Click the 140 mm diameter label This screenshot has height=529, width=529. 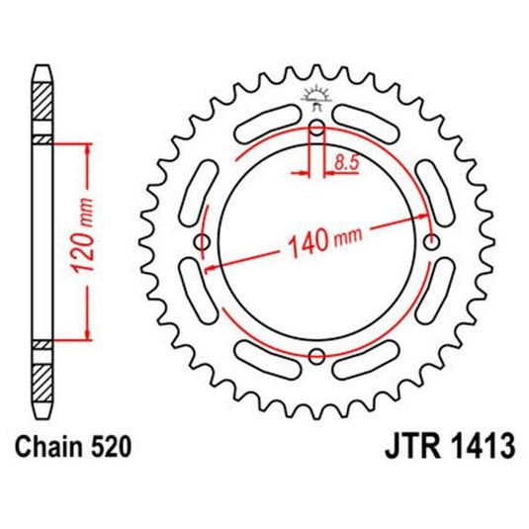tap(324, 237)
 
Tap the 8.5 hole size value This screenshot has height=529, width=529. tap(346, 164)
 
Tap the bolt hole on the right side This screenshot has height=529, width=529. tap(430, 242)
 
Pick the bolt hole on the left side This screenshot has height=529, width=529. tap(204, 242)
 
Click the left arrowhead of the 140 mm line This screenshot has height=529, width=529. tap(210, 267)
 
